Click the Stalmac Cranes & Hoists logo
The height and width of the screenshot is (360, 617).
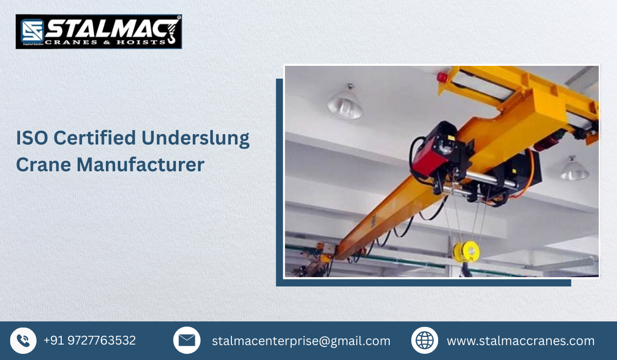click(99, 31)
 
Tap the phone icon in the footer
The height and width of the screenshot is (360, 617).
click(23, 340)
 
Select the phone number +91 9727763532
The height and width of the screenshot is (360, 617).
click(89, 340)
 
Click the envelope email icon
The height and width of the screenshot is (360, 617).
click(187, 340)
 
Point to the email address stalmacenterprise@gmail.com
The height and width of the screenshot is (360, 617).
click(301, 341)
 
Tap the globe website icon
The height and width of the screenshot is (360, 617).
click(425, 340)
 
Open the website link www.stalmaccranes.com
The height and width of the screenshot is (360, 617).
click(520, 341)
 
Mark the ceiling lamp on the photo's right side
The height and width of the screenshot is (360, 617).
click(574, 169)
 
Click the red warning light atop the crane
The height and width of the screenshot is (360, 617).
click(441, 77)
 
